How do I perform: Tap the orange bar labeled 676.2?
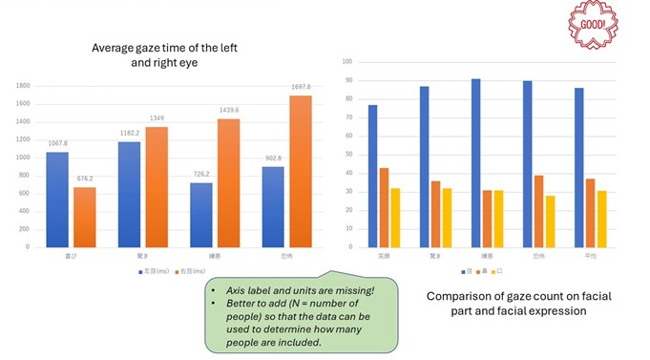(86, 217)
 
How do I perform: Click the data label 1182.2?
(129, 134)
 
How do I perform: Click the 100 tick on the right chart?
(346, 62)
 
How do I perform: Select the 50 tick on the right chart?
(348, 154)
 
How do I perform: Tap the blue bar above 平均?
(579, 167)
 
